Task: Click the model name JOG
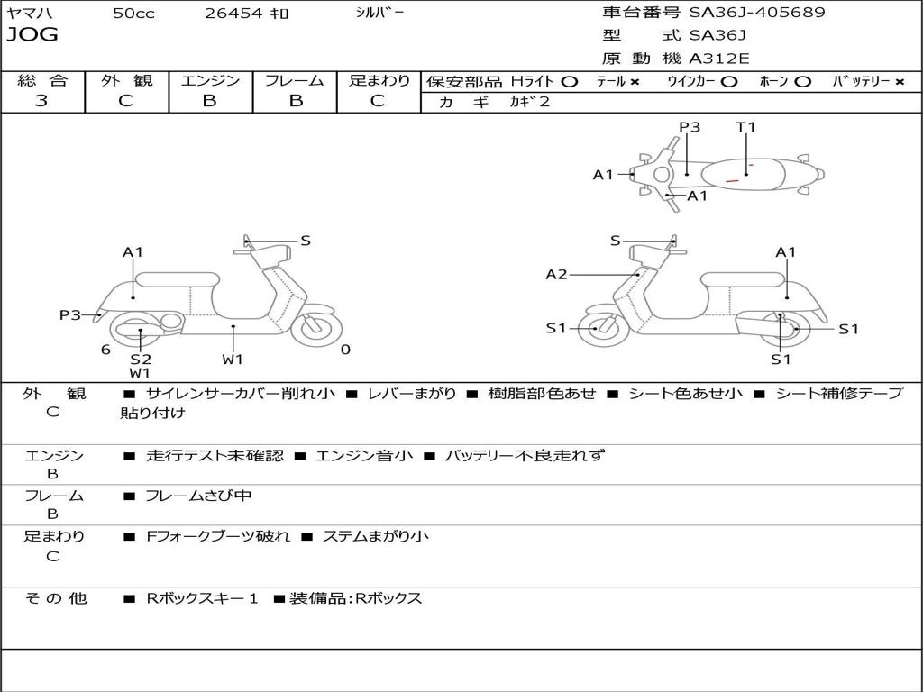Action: coord(32,35)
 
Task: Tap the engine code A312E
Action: coord(718,59)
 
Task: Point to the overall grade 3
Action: coord(41,101)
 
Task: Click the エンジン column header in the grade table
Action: coord(210,80)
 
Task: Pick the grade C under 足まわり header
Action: coord(378,101)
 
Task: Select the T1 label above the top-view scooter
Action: coord(745,127)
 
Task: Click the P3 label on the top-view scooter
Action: coord(690,127)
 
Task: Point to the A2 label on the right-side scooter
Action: coord(557,274)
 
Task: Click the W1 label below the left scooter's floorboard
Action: coord(233,360)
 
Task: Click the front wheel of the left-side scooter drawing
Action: coord(316,329)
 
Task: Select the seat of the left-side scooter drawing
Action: coord(177,278)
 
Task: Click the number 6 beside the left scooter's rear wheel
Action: coord(105,350)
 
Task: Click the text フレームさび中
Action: coord(198,496)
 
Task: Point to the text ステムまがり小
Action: coord(376,536)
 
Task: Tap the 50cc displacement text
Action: coord(133,14)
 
